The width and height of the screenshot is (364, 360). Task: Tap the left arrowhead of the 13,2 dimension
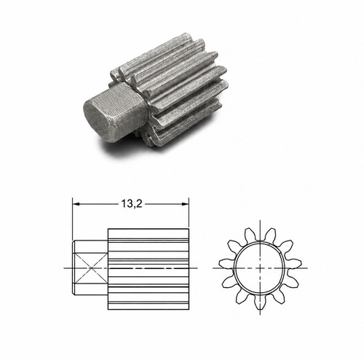pos(76,204)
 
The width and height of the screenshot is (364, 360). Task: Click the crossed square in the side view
pos(90,268)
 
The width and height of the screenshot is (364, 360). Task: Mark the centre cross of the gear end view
pos(260,268)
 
